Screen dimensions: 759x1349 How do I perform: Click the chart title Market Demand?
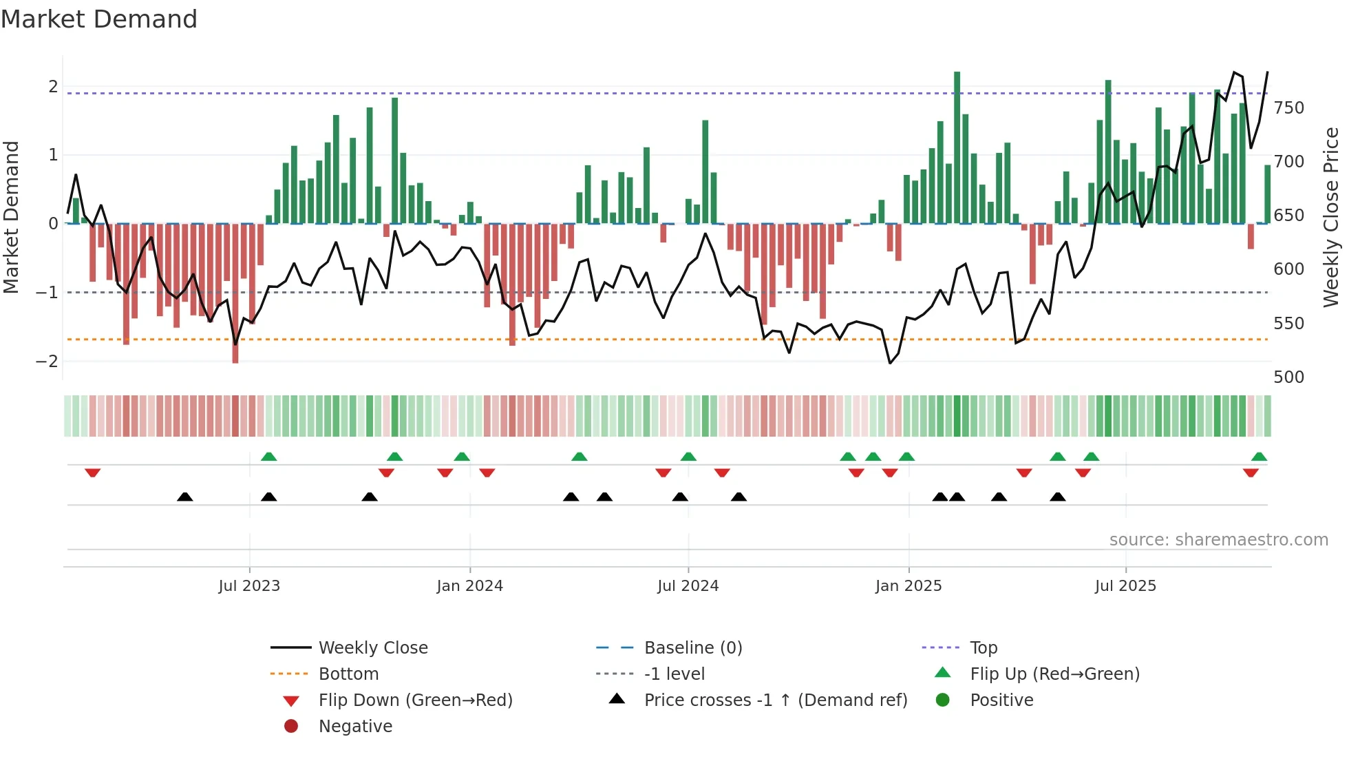tap(99, 19)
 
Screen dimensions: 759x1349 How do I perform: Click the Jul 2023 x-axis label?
tap(249, 586)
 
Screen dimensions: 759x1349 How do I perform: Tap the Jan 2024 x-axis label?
tap(469, 586)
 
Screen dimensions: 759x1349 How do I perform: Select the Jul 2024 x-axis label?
tap(688, 586)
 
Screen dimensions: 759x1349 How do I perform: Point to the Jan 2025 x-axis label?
tap(909, 586)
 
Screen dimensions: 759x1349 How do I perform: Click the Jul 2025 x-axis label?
tap(1125, 586)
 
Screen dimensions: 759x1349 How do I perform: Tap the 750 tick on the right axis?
tap(1288, 108)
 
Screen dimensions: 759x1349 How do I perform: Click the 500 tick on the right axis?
tap(1288, 377)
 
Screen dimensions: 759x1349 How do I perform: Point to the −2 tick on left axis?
tap(47, 362)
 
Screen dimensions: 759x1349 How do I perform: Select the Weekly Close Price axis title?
tap(1331, 217)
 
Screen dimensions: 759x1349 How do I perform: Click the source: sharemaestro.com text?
tap(1218, 540)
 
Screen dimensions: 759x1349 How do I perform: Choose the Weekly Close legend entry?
tap(372, 648)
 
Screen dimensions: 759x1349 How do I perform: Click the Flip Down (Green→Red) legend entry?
tap(415, 700)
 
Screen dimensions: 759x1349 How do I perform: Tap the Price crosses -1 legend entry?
tap(775, 700)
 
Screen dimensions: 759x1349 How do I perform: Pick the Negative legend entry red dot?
tap(291, 727)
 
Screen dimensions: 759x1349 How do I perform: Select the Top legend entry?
tap(983, 648)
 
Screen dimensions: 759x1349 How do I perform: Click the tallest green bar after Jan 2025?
tap(957, 147)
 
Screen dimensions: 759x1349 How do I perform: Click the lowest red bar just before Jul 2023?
tap(235, 293)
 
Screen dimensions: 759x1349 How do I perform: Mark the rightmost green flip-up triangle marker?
tap(1259, 457)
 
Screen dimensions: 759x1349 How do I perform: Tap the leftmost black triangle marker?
tap(184, 497)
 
